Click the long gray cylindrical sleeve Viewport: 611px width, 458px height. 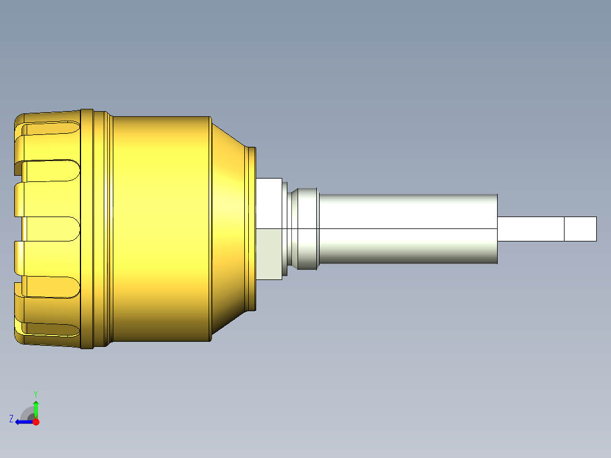pos(408,229)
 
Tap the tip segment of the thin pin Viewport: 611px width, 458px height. pos(580,229)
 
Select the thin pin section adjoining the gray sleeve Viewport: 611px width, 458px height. pos(531,229)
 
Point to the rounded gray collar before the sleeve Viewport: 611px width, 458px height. pos(306,229)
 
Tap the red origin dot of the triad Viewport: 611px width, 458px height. pos(36,422)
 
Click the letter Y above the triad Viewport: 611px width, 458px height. pos(36,393)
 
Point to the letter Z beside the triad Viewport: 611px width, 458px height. pos(11,419)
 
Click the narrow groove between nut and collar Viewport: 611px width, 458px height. pos(286,229)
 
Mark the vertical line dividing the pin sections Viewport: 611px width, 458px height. pos(564,229)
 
